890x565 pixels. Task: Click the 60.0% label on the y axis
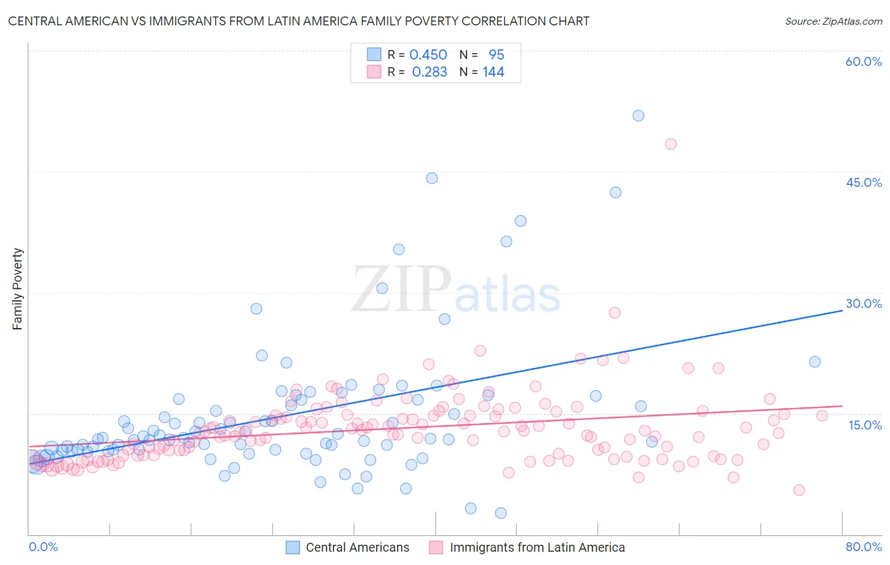point(863,61)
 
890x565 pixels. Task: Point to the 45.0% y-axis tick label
point(863,182)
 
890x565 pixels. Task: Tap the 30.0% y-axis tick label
point(863,303)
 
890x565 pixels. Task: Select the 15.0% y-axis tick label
point(865,425)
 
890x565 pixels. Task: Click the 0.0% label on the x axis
point(43,547)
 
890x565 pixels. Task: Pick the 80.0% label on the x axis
point(863,547)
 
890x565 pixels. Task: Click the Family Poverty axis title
point(17,289)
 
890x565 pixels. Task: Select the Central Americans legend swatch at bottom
point(292,547)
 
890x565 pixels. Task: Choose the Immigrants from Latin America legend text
point(537,547)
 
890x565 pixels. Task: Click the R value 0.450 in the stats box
point(428,55)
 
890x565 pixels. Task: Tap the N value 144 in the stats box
point(493,72)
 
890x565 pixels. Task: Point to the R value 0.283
point(429,72)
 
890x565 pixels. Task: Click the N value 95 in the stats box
point(496,55)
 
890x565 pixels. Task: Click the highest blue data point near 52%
point(638,115)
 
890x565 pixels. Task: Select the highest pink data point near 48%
point(670,144)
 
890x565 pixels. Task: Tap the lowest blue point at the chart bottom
point(501,513)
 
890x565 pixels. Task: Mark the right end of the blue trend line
point(842,310)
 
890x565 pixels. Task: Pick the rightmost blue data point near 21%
point(815,362)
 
